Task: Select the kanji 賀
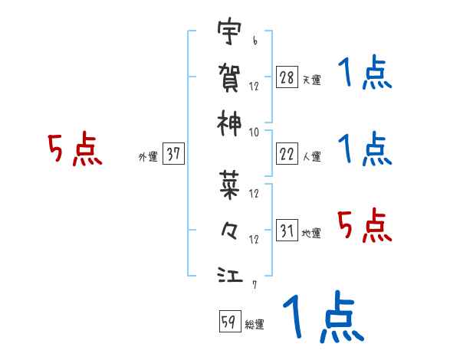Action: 229,76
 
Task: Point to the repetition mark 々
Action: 229,227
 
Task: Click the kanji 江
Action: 229,273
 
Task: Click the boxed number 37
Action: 173,154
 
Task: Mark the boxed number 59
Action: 229,322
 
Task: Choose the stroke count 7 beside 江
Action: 254,285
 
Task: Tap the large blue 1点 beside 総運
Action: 322,318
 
